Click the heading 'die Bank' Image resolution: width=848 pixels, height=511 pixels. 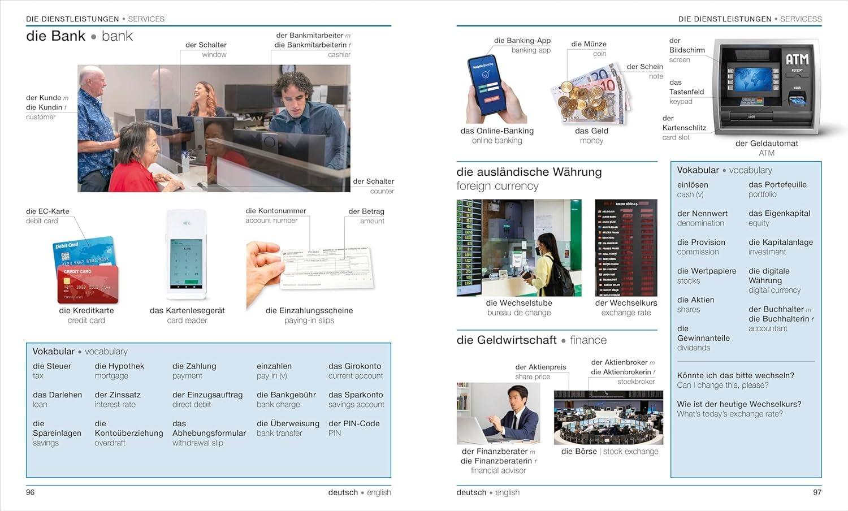tap(55, 36)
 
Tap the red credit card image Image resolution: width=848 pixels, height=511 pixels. tap(88, 284)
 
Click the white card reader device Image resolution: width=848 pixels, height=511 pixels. tap(187, 254)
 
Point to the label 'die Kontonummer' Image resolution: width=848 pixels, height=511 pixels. tap(276, 211)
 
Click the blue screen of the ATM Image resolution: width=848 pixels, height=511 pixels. tap(753, 79)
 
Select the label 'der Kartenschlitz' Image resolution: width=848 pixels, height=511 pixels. tap(684, 128)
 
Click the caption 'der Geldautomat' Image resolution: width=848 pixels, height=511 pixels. tap(766, 144)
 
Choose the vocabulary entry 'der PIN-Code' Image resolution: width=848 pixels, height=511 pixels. tap(354, 423)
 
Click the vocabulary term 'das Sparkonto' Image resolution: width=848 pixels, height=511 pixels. tap(356, 395)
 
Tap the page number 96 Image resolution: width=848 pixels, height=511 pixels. tap(31, 492)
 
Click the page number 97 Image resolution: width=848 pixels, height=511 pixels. tap(817, 492)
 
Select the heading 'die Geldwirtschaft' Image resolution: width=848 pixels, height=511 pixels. tap(507, 340)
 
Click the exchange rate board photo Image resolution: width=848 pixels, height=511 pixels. tap(626, 248)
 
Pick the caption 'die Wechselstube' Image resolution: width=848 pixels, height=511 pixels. tap(518, 303)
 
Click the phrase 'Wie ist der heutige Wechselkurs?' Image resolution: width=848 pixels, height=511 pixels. tap(739, 404)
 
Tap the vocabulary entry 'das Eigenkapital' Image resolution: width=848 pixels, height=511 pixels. tap(779, 213)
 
